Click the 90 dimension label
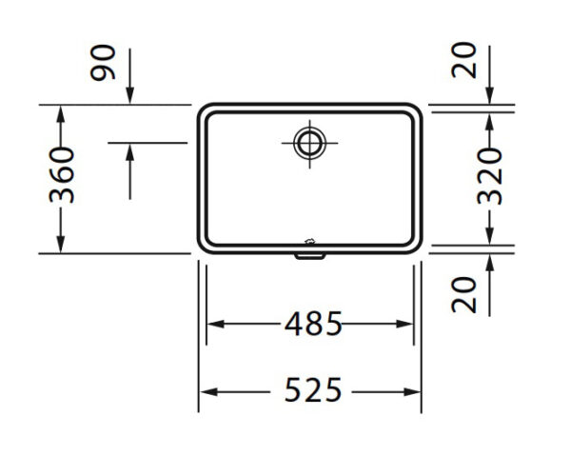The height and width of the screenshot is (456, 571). (x=103, y=62)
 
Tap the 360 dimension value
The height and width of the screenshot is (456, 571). (x=62, y=175)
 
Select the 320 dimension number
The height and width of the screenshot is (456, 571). (x=490, y=176)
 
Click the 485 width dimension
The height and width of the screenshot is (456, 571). (x=313, y=324)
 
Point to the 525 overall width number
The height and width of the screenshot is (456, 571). (x=313, y=389)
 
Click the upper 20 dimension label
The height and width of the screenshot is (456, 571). (x=464, y=61)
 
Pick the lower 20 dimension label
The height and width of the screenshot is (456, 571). (x=464, y=295)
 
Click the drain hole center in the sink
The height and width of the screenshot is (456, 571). (x=310, y=143)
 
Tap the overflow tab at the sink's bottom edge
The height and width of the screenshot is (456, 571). (x=310, y=256)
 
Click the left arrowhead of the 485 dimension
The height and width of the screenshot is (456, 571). (x=216, y=324)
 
